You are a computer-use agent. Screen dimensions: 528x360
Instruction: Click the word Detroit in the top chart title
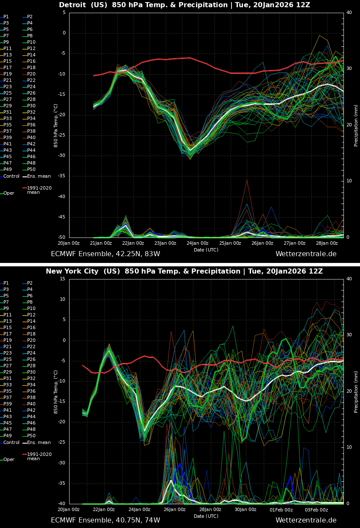[x=73, y=5]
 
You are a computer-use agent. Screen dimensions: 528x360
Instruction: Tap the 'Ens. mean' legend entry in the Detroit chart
[x=39, y=176]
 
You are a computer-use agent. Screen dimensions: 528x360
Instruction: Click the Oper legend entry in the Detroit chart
[x=8, y=193]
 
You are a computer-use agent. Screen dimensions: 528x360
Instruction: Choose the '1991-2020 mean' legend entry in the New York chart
[x=39, y=456]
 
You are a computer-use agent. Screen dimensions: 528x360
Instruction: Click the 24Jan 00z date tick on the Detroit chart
[x=198, y=243]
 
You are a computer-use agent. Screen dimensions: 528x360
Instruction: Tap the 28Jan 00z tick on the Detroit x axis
[x=327, y=243]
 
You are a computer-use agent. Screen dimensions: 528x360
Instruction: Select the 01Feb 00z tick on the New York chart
[x=281, y=509]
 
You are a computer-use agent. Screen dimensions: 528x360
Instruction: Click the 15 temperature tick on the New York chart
[x=62, y=279]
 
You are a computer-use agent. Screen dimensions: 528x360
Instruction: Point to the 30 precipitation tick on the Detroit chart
[x=349, y=68]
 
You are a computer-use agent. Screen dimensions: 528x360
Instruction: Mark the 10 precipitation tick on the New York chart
[x=349, y=447]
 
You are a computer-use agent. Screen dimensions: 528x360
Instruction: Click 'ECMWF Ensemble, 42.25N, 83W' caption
[x=105, y=254]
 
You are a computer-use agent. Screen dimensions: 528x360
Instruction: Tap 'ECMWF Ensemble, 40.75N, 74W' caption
[x=105, y=520]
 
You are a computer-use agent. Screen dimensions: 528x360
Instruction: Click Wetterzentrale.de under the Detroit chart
[x=306, y=254]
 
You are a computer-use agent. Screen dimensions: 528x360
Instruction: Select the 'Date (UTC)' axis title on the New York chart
[x=206, y=516]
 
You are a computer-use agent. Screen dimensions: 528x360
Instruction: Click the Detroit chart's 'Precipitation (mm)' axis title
[x=356, y=125]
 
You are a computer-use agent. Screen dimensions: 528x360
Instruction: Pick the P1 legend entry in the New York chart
[x=6, y=283]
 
